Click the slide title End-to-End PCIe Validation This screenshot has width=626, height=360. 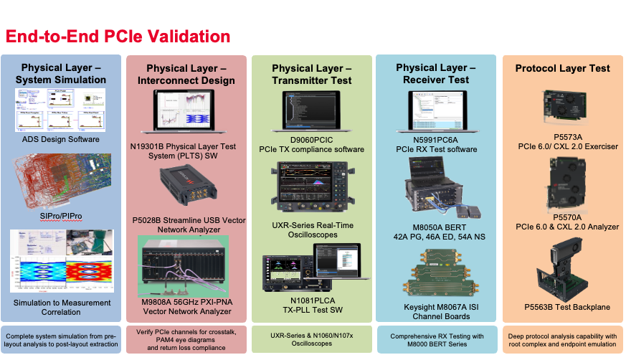118,37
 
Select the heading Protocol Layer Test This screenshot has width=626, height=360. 562,68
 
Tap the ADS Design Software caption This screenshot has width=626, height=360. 60,139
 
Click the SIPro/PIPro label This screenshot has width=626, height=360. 60,215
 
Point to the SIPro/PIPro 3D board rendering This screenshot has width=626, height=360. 60,179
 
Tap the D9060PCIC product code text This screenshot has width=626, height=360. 311,138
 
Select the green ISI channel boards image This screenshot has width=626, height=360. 437,276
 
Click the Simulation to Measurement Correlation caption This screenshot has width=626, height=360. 60,307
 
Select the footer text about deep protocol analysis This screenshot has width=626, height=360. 562,340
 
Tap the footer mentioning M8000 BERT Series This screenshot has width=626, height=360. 437,340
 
